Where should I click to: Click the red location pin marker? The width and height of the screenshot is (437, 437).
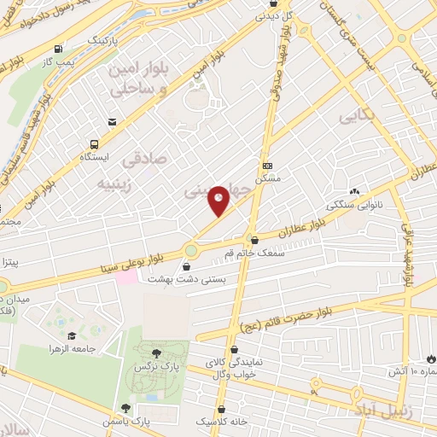(219, 201)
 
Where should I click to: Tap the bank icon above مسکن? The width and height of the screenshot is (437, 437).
(267, 166)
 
